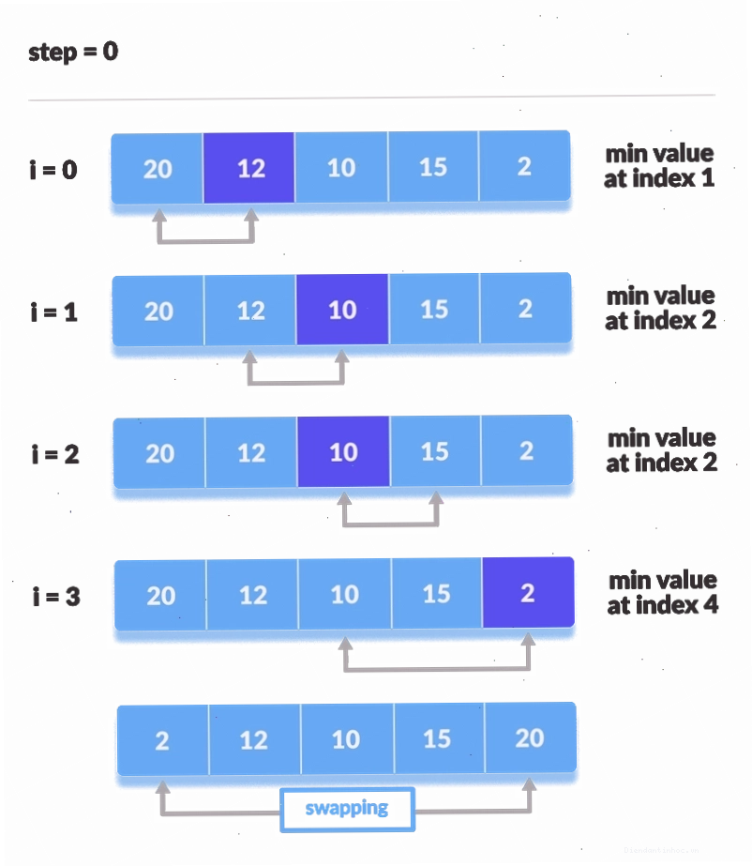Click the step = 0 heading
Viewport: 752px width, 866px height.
pyautogui.click(x=73, y=53)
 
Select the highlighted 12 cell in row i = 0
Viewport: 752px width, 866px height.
pyautogui.click(x=249, y=168)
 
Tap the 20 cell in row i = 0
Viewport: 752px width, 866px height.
pyautogui.click(x=158, y=169)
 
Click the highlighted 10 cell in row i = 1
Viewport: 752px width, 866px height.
pyautogui.click(x=342, y=310)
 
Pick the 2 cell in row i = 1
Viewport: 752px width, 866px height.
pyautogui.click(x=526, y=308)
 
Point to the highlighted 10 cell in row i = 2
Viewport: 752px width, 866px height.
pyautogui.click(x=343, y=452)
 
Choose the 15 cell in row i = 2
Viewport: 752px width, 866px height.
pyautogui.click(x=435, y=451)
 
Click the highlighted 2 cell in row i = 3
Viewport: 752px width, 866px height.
pyautogui.click(x=529, y=593)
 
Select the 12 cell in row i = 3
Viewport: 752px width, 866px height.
pyautogui.click(x=252, y=595)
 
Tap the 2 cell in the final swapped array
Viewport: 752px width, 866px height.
pyautogui.click(x=163, y=740)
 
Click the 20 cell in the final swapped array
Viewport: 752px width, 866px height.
pyautogui.click(x=531, y=737)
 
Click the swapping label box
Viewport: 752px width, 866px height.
pyautogui.click(x=347, y=809)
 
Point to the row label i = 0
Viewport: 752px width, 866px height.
pyautogui.click(x=53, y=170)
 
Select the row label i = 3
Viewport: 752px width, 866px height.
pyautogui.click(x=56, y=597)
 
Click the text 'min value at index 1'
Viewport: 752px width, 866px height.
pyautogui.click(x=659, y=166)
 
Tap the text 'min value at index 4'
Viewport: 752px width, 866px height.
pyautogui.click(x=663, y=593)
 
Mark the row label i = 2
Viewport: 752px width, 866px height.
pyautogui.click(x=55, y=454)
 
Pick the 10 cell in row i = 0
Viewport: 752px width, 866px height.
pyautogui.click(x=341, y=167)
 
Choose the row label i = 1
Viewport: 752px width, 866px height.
pyautogui.click(x=54, y=312)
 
